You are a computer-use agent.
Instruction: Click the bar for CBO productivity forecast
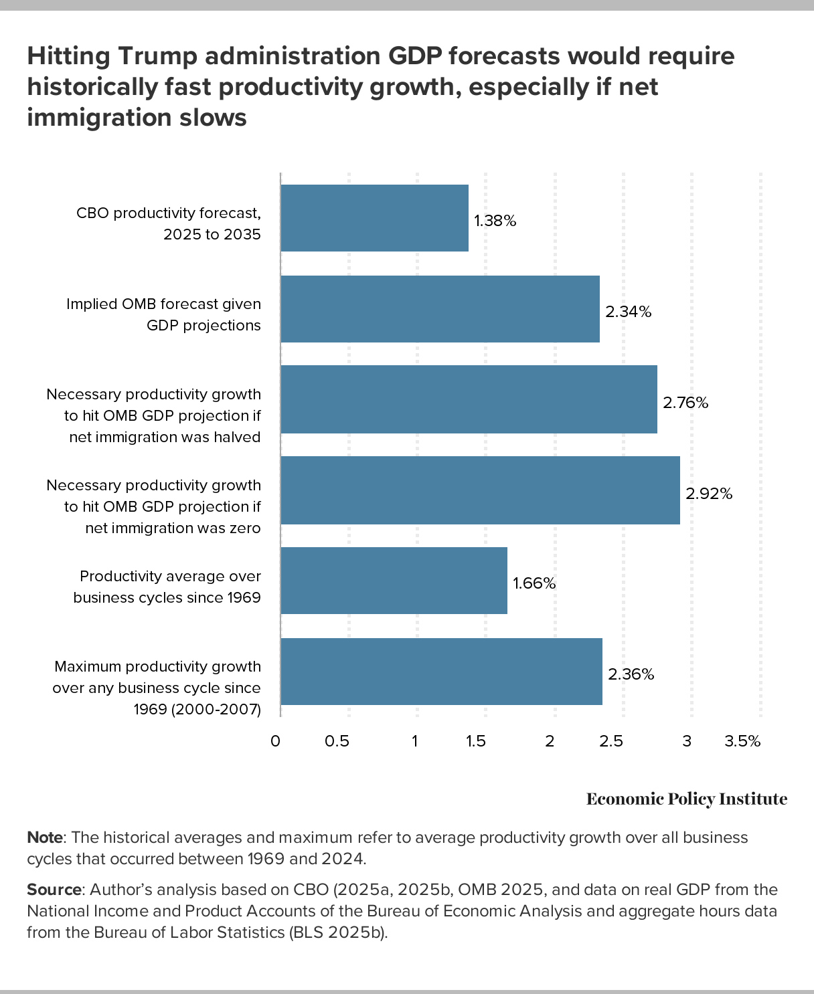[374, 218]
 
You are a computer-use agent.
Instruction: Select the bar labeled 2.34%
[440, 309]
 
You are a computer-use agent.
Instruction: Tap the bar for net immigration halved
[469, 399]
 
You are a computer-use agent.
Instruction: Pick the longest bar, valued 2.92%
[480, 490]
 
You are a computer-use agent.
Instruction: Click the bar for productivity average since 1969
[394, 581]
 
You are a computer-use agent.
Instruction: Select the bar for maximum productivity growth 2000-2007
[441, 672]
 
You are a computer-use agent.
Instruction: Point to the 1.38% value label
[495, 221]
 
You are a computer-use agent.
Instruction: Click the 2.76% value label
[685, 403]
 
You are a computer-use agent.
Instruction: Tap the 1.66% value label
[534, 583]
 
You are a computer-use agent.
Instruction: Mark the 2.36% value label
[631, 674]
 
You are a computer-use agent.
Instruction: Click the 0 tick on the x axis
[275, 741]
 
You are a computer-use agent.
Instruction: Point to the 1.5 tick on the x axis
[475, 741]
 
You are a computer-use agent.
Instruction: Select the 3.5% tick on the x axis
[742, 741]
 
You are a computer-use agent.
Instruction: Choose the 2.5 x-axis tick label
[610, 741]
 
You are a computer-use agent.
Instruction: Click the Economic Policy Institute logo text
[687, 799]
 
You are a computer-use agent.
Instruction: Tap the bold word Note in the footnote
[45, 837]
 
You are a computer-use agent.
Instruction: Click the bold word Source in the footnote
[54, 890]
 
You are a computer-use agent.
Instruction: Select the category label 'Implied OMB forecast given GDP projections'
[163, 314]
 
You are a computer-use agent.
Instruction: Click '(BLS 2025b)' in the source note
[338, 932]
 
